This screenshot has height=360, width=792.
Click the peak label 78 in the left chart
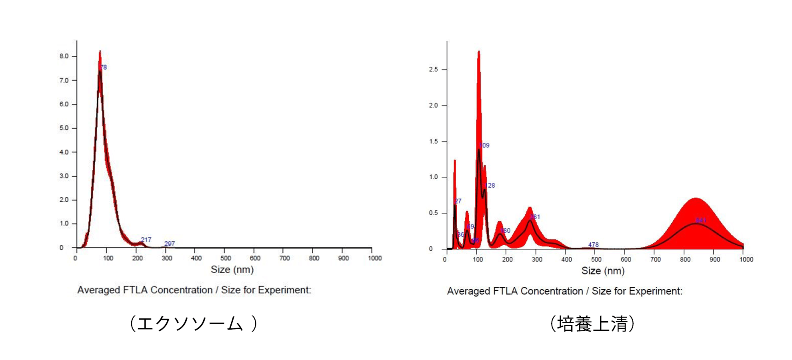[104, 67]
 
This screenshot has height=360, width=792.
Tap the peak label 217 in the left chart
[146, 240]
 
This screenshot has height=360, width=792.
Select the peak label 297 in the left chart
[170, 244]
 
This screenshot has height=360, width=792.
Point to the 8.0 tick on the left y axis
[64, 56]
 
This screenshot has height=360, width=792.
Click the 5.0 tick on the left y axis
[64, 128]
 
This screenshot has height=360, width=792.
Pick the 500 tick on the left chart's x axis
[226, 258]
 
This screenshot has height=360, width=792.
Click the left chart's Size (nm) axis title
[232, 270]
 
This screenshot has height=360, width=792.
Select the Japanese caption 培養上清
[592, 324]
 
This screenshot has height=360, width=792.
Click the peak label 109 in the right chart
[484, 145]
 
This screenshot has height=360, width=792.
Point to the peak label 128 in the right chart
[490, 185]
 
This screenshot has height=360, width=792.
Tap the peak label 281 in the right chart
[535, 217]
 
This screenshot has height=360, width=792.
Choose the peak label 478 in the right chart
[593, 244]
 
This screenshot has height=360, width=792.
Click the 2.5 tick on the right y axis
[434, 69]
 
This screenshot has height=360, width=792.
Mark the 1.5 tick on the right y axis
[434, 141]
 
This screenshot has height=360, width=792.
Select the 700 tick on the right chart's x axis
[656, 259]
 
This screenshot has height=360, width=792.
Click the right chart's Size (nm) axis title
[603, 271]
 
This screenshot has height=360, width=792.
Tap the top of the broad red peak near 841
[696, 198]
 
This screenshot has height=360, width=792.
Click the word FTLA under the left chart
[134, 290]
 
